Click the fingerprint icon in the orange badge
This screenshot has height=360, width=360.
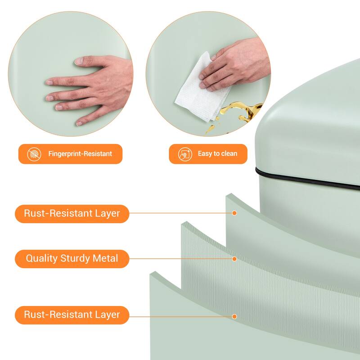pos(34,154)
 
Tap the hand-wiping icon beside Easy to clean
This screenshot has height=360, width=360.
pos(185,154)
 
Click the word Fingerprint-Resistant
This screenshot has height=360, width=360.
pos(80,153)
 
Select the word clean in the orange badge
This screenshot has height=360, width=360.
pos(228,153)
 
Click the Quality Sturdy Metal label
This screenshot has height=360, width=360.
pos(72,259)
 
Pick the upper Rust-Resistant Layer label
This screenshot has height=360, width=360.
pos(72,214)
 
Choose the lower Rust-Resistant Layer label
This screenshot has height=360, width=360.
pos(72,315)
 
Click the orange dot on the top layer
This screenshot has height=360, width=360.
pos(234,213)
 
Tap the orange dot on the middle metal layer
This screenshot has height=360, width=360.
pos(234,259)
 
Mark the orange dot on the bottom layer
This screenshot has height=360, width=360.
pos(234,317)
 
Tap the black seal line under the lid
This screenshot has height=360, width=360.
pos(306,179)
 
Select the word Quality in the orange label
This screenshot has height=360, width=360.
pos(41,259)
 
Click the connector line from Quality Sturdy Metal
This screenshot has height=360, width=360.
pos(181,259)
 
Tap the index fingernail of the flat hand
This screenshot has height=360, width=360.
pos(49,82)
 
